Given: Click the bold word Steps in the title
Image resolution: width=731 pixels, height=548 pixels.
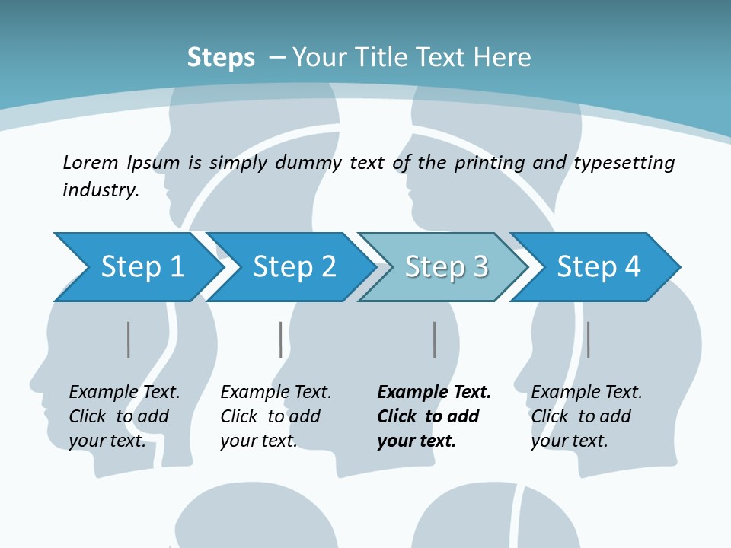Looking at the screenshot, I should pyautogui.click(x=221, y=58).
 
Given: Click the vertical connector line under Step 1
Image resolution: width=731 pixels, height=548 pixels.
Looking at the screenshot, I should pyautogui.click(x=129, y=339).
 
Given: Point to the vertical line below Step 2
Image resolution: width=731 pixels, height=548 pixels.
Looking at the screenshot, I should pyautogui.click(x=281, y=339).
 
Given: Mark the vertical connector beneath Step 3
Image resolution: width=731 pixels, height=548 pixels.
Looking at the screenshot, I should pyautogui.click(x=435, y=339).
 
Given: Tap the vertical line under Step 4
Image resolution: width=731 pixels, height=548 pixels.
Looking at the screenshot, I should pyautogui.click(x=589, y=339).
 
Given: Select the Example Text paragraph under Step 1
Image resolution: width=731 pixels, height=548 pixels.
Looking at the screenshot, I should pyautogui.click(x=124, y=416).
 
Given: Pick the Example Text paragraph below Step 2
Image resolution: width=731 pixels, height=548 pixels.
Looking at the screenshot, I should pyautogui.click(x=276, y=416).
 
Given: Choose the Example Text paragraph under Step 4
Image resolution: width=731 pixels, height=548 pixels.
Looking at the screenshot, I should pyautogui.click(x=586, y=416).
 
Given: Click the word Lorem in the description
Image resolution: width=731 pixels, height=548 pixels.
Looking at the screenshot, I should pyautogui.click(x=90, y=162).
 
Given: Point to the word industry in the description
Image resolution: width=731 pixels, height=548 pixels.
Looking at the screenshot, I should pyautogui.click(x=101, y=190).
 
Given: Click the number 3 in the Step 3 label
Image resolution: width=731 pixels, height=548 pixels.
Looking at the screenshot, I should pyautogui.click(x=480, y=267).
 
